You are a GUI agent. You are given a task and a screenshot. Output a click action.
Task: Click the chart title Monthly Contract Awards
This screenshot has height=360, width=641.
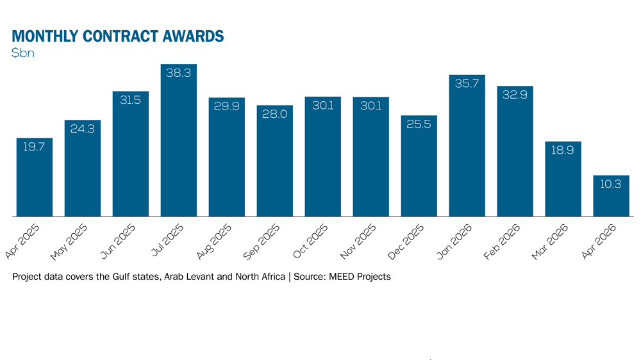(x=118, y=36)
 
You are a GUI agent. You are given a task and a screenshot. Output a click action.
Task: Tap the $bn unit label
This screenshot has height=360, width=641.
(x=23, y=53)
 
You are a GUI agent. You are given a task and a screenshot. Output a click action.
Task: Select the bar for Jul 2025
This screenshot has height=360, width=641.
(x=179, y=140)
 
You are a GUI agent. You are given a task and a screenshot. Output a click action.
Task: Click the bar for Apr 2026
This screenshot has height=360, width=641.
(x=611, y=196)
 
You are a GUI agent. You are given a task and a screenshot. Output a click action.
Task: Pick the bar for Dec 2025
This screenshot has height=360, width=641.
(x=419, y=166)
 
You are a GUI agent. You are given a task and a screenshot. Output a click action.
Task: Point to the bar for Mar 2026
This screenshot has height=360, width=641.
(x=563, y=179)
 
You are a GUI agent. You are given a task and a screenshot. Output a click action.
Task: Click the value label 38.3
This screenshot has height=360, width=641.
(x=179, y=73)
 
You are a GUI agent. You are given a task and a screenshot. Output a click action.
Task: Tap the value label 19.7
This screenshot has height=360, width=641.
(x=34, y=147)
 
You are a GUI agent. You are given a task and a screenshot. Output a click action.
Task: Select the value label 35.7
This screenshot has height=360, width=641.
(x=467, y=83)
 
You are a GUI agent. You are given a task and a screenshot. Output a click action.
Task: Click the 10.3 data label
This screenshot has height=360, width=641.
(x=611, y=184)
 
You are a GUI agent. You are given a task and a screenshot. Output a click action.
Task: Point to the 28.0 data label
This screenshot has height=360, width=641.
(x=275, y=114)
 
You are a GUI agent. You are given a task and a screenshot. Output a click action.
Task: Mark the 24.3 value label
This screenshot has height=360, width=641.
(x=83, y=129)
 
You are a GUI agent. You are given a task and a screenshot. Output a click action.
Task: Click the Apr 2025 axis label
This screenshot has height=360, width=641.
(x=22, y=241)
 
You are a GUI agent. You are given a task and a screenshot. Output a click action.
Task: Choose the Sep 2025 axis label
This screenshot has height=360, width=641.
(x=262, y=241)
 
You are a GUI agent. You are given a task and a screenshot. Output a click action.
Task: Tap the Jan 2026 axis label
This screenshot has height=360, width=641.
(x=454, y=241)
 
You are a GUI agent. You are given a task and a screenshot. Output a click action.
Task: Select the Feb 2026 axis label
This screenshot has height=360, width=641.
(x=502, y=241)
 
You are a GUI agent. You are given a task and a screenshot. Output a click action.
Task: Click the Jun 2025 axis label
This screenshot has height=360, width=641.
(x=118, y=241)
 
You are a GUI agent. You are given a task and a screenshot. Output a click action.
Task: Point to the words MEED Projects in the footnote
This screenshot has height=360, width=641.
(x=360, y=277)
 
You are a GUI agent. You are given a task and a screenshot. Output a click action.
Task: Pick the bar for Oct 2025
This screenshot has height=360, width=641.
(x=323, y=156)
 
